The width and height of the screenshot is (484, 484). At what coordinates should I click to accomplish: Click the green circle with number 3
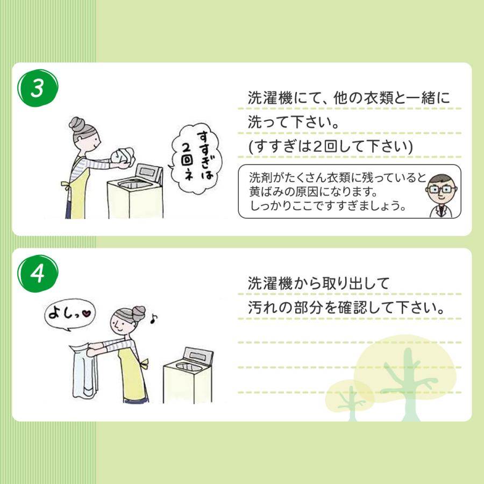coord(37,89)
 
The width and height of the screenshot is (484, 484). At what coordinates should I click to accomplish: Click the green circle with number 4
coord(37,274)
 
